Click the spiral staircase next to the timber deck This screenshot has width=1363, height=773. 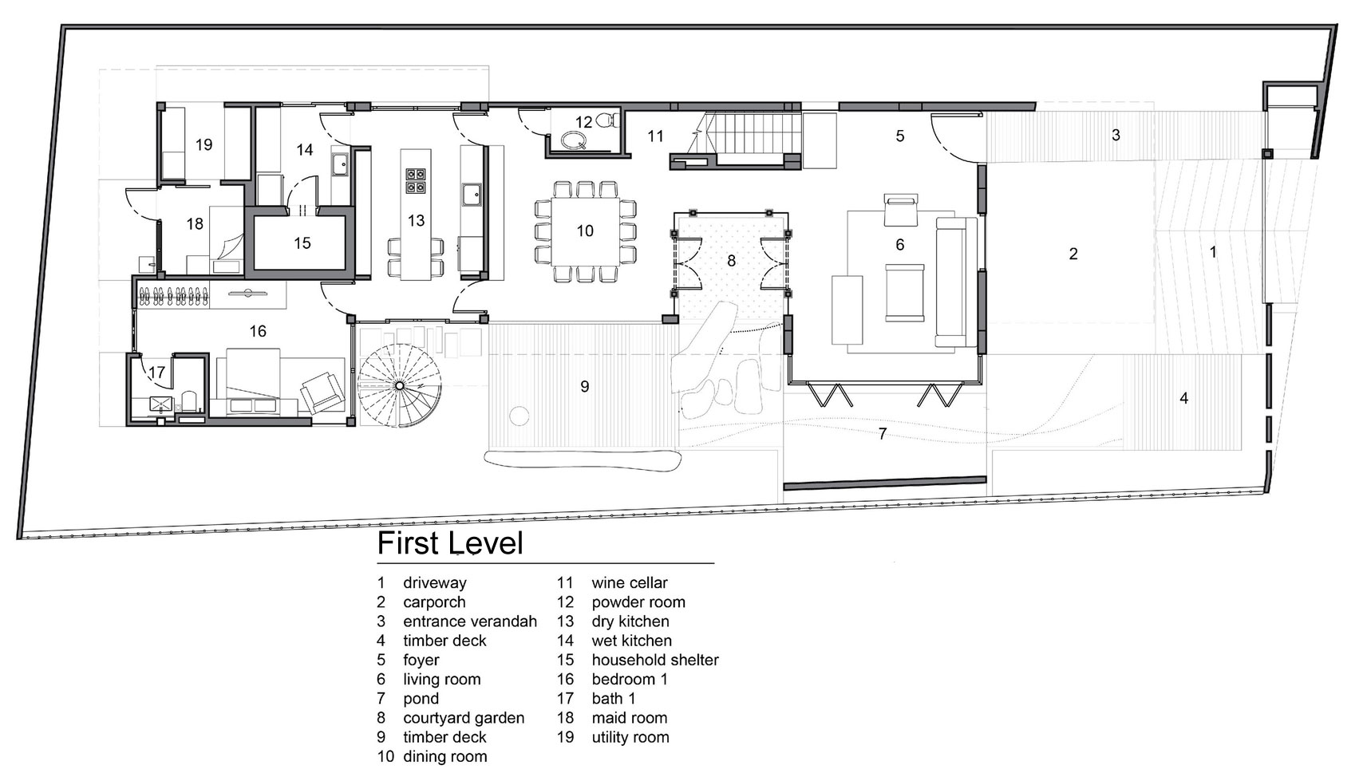[x=399, y=385]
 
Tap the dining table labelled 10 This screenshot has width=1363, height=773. [x=586, y=231]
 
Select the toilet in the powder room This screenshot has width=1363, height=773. [x=608, y=119]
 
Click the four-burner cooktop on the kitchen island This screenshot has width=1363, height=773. [x=417, y=180]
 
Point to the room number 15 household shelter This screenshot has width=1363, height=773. [x=302, y=243]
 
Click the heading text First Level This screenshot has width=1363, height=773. [x=450, y=543]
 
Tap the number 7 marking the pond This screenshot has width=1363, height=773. [x=883, y=434]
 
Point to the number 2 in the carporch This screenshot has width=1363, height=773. [x=1073, y=254]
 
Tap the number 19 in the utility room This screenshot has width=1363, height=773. [x=203, y=144]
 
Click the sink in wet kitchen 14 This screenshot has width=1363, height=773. [x=340, y=164]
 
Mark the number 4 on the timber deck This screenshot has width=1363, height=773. [x=1183, y=398]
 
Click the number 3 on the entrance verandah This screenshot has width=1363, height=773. [x=1116, y=135]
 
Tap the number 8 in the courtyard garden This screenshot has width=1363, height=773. [x=732, y=261]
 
